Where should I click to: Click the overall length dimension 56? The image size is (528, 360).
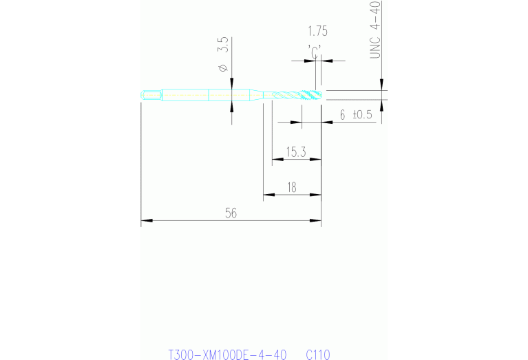point(231,213)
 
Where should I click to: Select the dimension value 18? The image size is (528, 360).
point(292,188)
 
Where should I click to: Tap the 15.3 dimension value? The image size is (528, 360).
point(296,152)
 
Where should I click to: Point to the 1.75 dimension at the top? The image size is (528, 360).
point(317,31)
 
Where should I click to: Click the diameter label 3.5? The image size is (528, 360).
point(223,45)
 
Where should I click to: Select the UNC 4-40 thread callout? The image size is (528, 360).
point(375,30)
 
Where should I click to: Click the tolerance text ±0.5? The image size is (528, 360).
point(362,115)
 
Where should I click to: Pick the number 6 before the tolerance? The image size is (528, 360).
point(342,115)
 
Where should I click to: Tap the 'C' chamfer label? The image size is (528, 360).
point(314,52)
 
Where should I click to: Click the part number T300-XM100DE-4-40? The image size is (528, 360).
point(227,354)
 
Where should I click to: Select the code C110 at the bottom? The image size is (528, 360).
point(318,354)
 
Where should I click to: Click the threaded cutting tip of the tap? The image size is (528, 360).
point(311,95)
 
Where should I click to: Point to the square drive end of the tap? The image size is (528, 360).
point(151,95)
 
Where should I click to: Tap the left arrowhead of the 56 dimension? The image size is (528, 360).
point(147,220)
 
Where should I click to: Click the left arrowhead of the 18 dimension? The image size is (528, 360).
point(269,195)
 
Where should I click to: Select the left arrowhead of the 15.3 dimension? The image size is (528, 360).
point(278,159)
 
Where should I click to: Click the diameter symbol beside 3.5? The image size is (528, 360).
point(223,67)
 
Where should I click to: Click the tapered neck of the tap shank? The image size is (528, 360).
point(256,95)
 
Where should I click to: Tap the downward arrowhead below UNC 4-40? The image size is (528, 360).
point(381,85)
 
